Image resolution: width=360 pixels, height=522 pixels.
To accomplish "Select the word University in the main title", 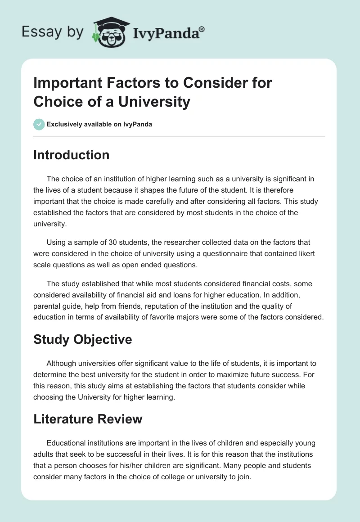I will (x=154, y=102).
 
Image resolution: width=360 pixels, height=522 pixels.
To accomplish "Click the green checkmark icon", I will (x=40, y=124).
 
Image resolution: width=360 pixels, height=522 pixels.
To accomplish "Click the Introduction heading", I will (x=71, y=155).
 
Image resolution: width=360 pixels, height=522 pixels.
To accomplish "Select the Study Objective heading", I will (x=82, y=339).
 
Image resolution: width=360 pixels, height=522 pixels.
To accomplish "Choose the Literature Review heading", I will (x=88, y=419).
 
